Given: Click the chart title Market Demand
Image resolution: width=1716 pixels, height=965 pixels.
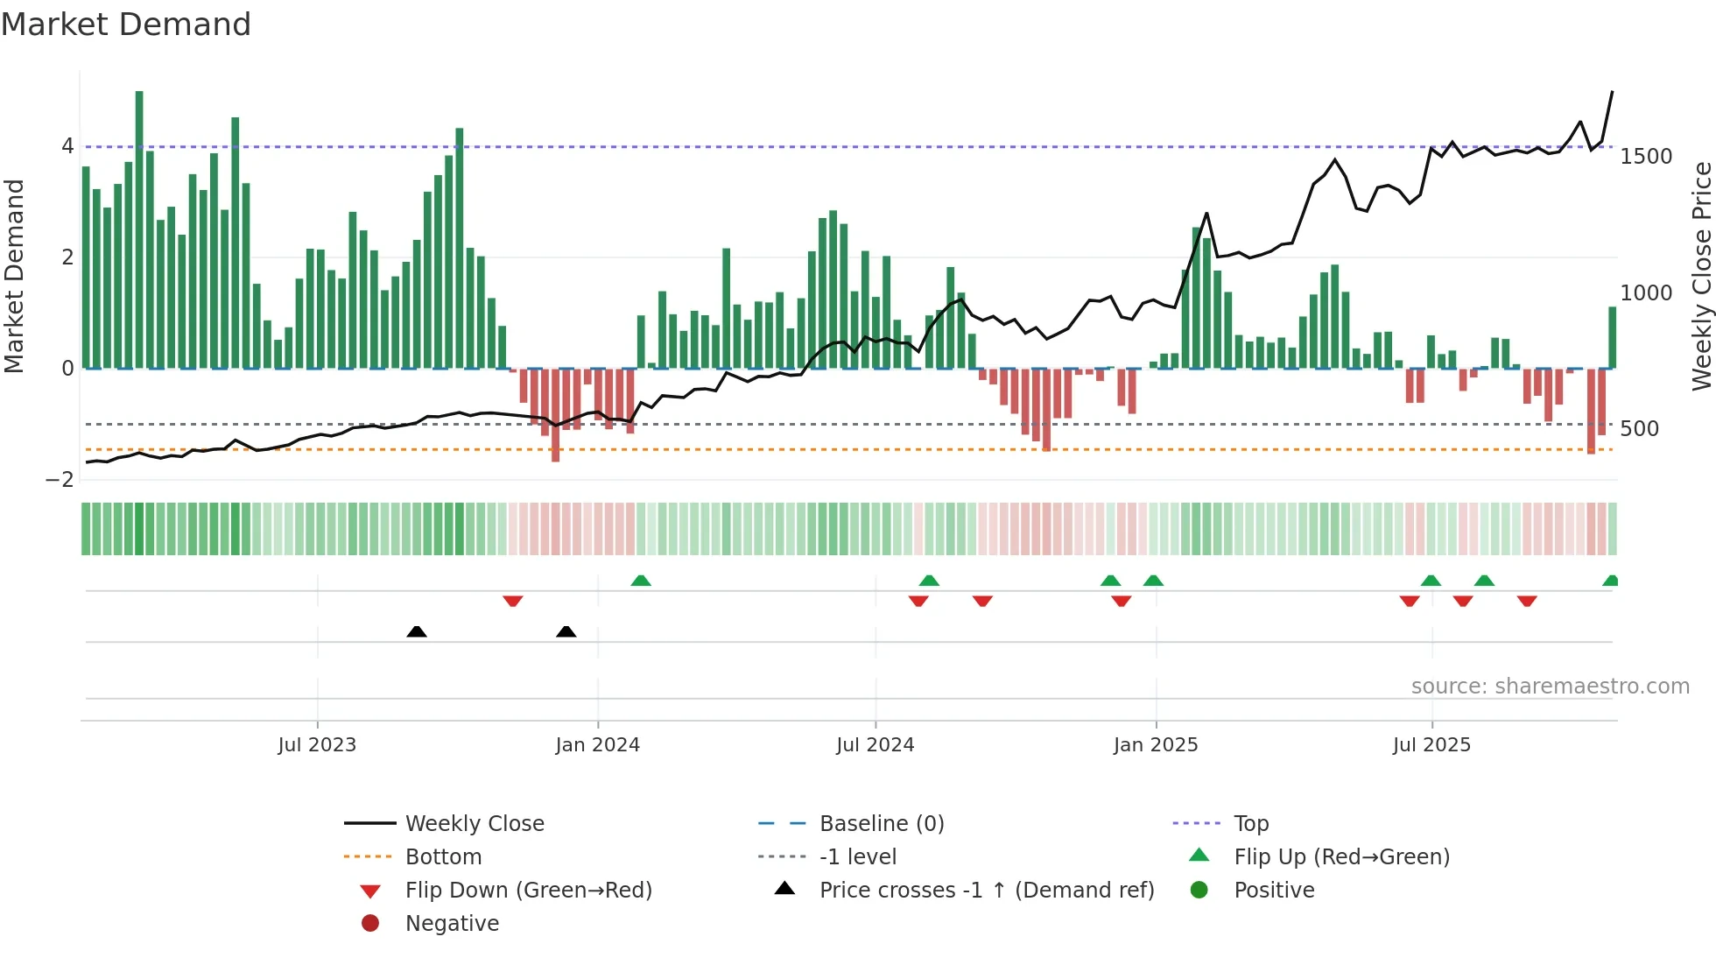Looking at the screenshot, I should click(x=126, y=25).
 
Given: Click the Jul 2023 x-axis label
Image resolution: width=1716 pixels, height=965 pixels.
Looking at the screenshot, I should click(x=317, y=745).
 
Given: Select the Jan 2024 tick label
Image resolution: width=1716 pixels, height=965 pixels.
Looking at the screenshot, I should click(x=597, y=745).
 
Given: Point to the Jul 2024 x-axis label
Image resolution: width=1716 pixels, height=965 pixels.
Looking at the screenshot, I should click(x=875, y=745).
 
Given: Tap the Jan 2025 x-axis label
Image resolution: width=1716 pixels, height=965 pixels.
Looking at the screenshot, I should click(x=1155, y=745).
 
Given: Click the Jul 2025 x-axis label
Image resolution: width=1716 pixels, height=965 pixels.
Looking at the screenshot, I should click(x=1431, y=745).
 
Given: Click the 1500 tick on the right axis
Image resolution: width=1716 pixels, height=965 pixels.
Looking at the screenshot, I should click(x=1646, y=157).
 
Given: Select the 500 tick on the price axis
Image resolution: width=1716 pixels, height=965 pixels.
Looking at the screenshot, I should click(x=1639, y=429).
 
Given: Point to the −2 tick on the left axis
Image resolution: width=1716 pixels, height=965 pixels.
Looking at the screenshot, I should click(x=60, y=480).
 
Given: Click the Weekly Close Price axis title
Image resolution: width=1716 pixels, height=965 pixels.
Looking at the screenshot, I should click(x=1702, y=276).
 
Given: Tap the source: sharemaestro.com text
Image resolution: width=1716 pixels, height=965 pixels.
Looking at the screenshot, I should click(x=1550, y=687).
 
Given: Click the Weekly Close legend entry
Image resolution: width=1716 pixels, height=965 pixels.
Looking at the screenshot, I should click(x=474, y=824).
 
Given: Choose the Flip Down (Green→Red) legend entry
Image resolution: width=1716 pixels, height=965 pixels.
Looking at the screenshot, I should click(x=528, y=891).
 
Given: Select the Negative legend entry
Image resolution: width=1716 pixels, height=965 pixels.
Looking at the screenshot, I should click(x=452, y=924).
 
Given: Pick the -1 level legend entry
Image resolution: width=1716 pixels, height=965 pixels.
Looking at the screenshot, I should click(x=857, y=857).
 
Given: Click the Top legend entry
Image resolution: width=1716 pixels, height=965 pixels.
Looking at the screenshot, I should click(x=1250, y=824).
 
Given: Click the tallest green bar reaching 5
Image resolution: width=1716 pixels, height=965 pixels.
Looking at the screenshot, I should click(x=139, y=228).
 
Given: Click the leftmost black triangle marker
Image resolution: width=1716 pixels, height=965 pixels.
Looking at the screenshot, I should click(x=417, y=631).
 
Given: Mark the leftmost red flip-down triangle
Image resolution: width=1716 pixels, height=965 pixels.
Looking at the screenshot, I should click(x=513, y=601).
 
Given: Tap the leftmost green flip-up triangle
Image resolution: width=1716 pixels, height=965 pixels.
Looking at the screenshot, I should click(x=641, y=581).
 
